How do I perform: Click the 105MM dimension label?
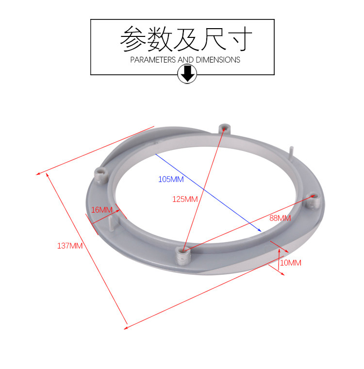click(x=171, y=179)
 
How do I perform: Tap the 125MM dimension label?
click(x=185, y=199)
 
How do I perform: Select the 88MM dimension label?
click(x=280, y=218)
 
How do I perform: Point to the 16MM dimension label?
click(x=102, y=210)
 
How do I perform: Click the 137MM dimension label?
click(x=70, y=246)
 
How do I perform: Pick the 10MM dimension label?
click(x=291, y=263)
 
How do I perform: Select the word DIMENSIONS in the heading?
click(x=217, y=60)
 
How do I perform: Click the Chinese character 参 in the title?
click(x=132, y=39)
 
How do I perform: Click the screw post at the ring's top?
click(x=224, y=129)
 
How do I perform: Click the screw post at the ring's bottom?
click(x=182, y=253)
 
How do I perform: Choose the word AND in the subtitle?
click(x=185, y=60)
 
